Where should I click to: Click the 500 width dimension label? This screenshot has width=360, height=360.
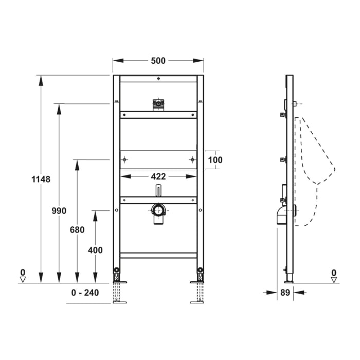(x=158, y=61)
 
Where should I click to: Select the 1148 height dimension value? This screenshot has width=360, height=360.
(x=41, y=179)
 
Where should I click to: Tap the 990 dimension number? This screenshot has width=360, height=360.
(x=59, y=210)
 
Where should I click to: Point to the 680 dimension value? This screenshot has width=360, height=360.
(x=77, y=230)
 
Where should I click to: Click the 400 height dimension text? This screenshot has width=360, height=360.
(x=95, y=250)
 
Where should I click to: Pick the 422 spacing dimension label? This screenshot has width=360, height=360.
(x=158, y=176)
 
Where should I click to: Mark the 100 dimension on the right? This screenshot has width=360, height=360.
(x=215, y=160)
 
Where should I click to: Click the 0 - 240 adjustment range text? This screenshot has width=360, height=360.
(x=89, y=293)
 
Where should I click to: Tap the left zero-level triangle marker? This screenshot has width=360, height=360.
(x=22, y=279)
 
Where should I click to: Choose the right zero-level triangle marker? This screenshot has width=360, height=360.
(x=334, y=279)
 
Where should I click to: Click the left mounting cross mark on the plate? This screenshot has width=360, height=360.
(x=124, y=160)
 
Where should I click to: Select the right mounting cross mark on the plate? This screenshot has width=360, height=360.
(x=192, y=160)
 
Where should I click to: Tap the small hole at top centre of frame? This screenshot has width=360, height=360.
(x=158, y=79)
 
